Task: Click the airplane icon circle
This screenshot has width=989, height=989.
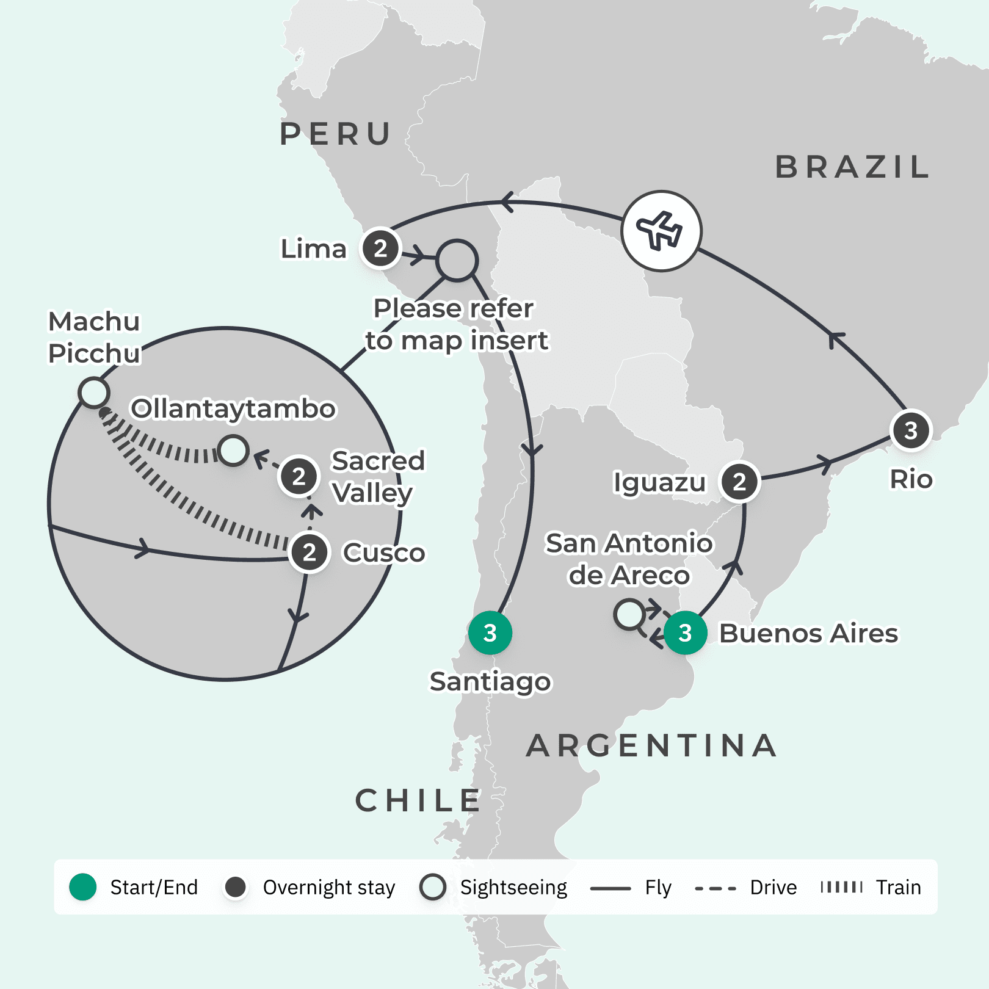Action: pos(662,231)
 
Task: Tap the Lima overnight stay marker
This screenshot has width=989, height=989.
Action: pos(380,248)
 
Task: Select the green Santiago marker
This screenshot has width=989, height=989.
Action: pos(490,633)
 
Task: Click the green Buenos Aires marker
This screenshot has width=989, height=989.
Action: pos(685,633)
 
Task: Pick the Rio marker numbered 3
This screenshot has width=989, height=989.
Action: pos(911,430)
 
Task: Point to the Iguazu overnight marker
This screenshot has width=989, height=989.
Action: pos(739,482)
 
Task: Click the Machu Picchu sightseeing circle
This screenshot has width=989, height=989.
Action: pos(94,393)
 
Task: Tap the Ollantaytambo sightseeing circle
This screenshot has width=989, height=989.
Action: pos(233,451)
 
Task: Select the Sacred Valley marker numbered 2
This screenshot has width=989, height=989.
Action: pos(299,476)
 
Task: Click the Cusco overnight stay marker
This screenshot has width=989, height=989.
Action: pos(310,552)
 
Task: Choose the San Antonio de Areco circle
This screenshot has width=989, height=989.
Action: pos(629,614)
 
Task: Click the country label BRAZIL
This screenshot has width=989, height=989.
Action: pos(852,167)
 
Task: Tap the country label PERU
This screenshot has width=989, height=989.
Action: pos(335,134)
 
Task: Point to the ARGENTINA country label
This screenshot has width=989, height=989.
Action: pos(651,745)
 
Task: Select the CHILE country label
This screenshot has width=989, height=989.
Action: pos(418,800)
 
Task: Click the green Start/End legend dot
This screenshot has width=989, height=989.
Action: pos(83,887)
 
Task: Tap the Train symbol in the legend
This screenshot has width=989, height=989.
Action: pos(841,887)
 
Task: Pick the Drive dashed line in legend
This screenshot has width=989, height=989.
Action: pos(715,888)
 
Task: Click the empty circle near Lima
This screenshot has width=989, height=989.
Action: pos(457,261)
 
